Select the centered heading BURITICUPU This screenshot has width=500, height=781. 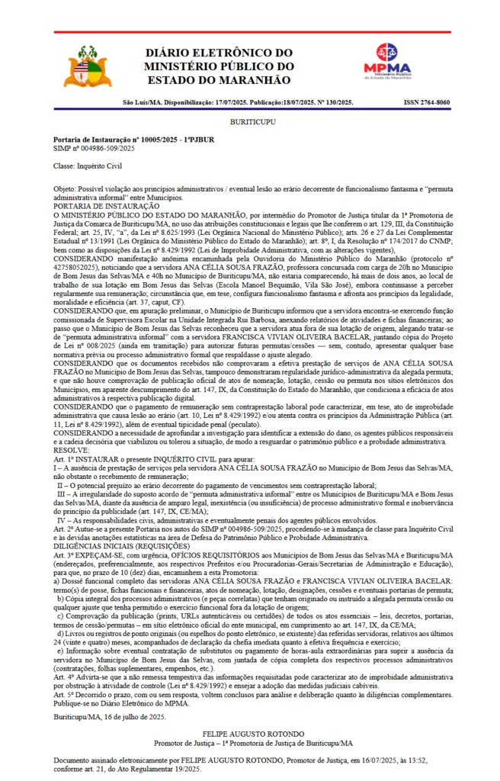point(249,121)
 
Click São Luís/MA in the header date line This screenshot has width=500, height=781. point(142,102)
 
